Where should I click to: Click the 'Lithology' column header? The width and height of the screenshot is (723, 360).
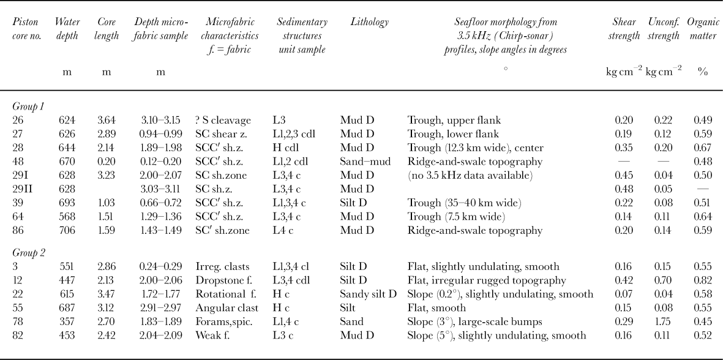[x=369, y=22]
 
